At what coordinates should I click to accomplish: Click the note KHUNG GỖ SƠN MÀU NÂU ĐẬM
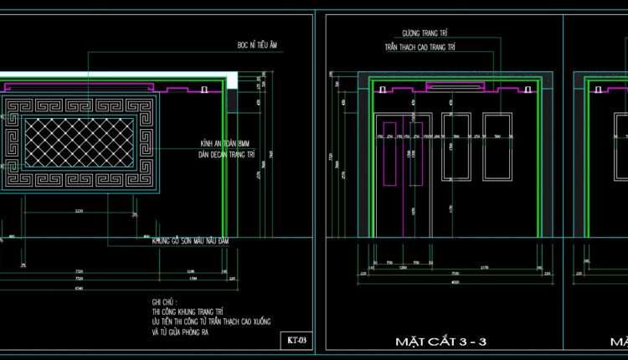coord(191,241)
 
